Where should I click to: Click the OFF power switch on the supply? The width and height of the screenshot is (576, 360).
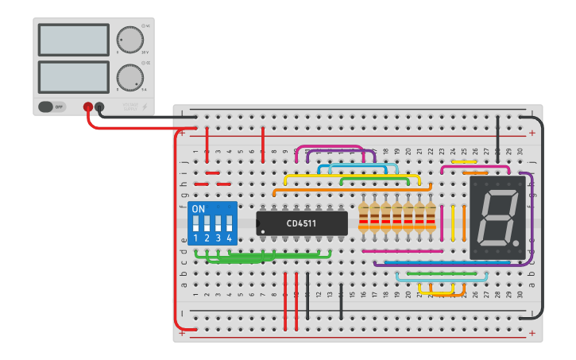coord(52,106)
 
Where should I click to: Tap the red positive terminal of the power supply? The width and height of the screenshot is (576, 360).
coord(88,106)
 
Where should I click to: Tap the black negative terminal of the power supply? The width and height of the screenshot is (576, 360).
coord(99,106)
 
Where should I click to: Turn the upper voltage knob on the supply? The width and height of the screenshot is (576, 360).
coord(130,40)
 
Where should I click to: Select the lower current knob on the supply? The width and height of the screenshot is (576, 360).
coord(130,77)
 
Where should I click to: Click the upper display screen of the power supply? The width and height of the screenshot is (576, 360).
coord(73,40)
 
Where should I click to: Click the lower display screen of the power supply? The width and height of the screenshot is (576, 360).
coord(73,76)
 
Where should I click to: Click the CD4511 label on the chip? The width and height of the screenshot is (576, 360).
coord(302,223)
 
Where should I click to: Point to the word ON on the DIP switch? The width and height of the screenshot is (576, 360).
coord(199,209)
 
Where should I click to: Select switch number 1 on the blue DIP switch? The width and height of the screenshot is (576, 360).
coord(196,223)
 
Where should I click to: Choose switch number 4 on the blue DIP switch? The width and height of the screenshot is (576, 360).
coord(230,223)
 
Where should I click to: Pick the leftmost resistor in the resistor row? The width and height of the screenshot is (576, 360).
coord(364,216)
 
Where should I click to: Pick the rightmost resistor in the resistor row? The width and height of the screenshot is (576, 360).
coord(431,216)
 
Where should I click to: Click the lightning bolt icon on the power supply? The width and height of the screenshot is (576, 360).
coord(145,106)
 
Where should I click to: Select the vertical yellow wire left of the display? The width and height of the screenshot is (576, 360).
coord(453,223)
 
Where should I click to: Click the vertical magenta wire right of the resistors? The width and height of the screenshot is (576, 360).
coord(442,223)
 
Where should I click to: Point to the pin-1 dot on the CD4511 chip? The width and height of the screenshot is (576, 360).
coord(263,231)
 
